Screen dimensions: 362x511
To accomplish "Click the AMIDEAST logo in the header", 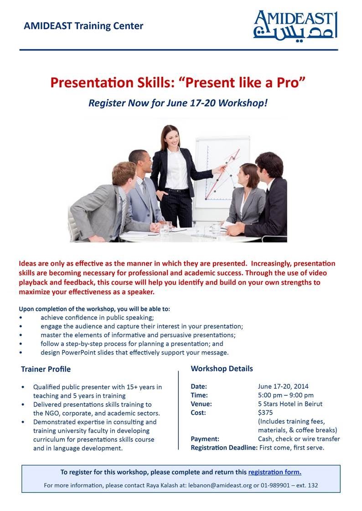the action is coord(295,25).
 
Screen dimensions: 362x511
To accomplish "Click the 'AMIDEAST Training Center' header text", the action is coord(83,26).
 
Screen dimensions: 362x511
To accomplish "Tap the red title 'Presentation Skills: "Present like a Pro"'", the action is coord(178,83).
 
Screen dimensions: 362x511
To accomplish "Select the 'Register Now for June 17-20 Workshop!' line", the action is coord(178,103).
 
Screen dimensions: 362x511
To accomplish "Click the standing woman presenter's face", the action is coord(171,137).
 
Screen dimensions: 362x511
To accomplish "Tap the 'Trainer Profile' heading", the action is coord(46,369).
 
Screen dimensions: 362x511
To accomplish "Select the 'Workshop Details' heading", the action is coord(222,369).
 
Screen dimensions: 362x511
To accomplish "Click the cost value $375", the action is coord(265,413).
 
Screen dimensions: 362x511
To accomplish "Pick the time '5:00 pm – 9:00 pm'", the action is coord(285,395).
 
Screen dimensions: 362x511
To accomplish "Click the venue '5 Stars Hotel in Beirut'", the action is coord(290,404).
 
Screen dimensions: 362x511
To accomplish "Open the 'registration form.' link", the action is coord(274,472).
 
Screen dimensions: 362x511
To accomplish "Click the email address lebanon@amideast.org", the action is coord(220,485).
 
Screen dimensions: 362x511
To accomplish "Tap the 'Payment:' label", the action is coord(205,439).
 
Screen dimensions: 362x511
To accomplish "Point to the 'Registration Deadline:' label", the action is coord(224,448).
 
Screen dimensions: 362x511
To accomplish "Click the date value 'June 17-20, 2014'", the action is coord(283,386).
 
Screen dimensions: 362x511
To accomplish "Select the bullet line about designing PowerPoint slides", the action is coord(134,353).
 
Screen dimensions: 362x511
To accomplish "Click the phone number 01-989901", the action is coord(275,485).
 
